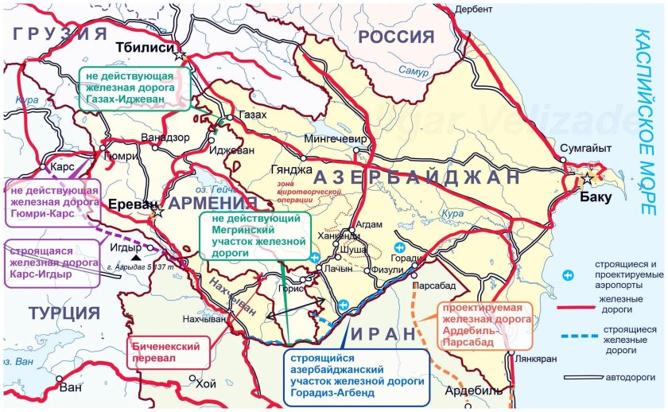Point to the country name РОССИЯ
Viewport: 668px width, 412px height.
(x=396, y=37)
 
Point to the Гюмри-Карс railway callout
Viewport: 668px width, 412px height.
(x=52, y=202)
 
